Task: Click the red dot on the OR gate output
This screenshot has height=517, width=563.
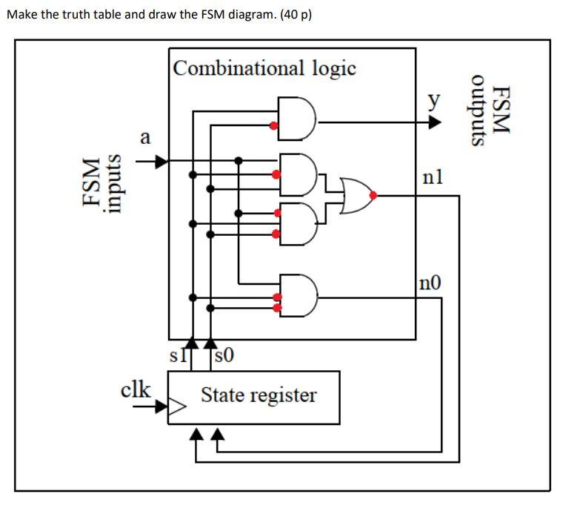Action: tap(373, 195)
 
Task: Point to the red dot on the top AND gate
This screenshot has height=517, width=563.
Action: tap(275, 126)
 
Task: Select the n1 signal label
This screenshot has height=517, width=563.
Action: tap(432, 177)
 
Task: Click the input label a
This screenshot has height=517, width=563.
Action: tap(145, 137)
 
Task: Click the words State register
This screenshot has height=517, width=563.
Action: tap(259, 395)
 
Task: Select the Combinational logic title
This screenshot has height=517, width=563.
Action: tap(264, 68)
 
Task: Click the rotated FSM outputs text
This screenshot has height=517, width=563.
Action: tap(492, 111)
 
